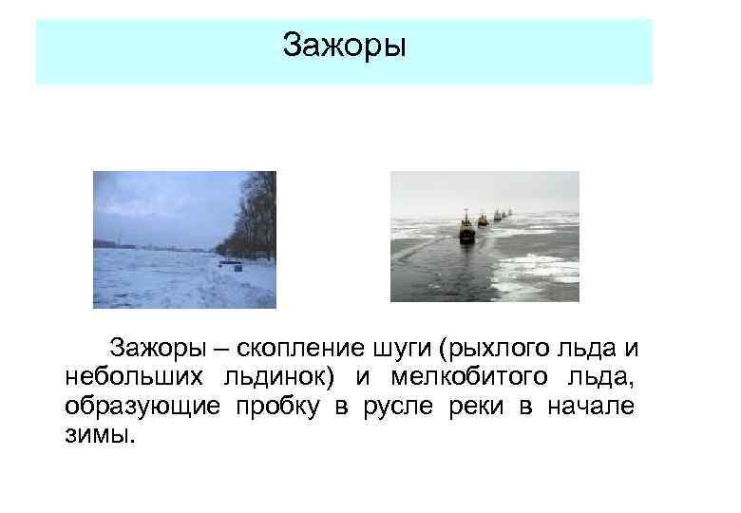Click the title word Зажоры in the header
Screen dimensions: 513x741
(344, 45)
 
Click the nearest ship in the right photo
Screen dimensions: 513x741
(466, 231)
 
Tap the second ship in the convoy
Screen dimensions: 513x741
(483, 219)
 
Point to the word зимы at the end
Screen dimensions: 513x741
(101, 438)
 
